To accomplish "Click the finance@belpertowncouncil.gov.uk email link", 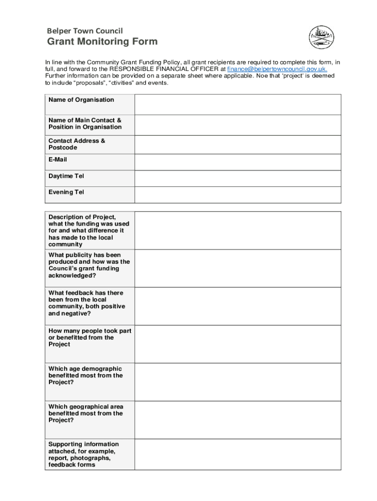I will tap(277, 69).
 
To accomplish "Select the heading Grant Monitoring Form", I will tap(102, 42).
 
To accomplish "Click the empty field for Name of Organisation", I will tap(237, 104).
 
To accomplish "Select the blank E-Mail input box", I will tap(237, 163).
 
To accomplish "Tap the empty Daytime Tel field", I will tap(237, 179).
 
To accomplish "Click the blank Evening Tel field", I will tap(237, 195).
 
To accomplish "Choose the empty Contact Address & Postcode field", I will tap(237, 145).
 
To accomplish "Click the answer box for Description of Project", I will tap(237, 230).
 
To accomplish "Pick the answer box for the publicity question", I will tap(237, 268).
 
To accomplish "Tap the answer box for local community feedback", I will tap(237, 306).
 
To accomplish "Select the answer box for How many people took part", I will tap(237, 344).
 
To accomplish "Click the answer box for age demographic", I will tap(237, 382).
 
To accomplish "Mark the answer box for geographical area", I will tap(237, 420).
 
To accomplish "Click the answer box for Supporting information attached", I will tap(237, 455).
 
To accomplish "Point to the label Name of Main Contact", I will tap(85, 120).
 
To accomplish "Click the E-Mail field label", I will tap(58, 159).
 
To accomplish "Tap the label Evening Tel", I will tap(66, 192).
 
